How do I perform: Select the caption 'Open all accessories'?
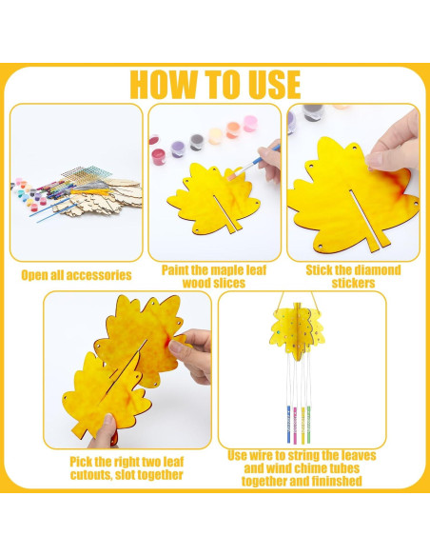click(76, 275)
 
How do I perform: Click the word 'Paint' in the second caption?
click(175, 270)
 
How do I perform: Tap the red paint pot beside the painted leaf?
click(158, 156)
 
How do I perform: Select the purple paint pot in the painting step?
click(178, 149)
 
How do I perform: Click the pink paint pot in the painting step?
click(250, 124)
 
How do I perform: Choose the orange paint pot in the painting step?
click(233, 129)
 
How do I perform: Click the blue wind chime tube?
click(288, 425)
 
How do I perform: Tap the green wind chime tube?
click(308, 424)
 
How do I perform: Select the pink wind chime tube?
click(295, 425)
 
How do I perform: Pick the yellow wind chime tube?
click(303, 426)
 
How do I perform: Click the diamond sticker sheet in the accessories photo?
click(87, 173)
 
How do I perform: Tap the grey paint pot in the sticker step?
click(313, 112)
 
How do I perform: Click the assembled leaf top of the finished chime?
click(297, 330)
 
